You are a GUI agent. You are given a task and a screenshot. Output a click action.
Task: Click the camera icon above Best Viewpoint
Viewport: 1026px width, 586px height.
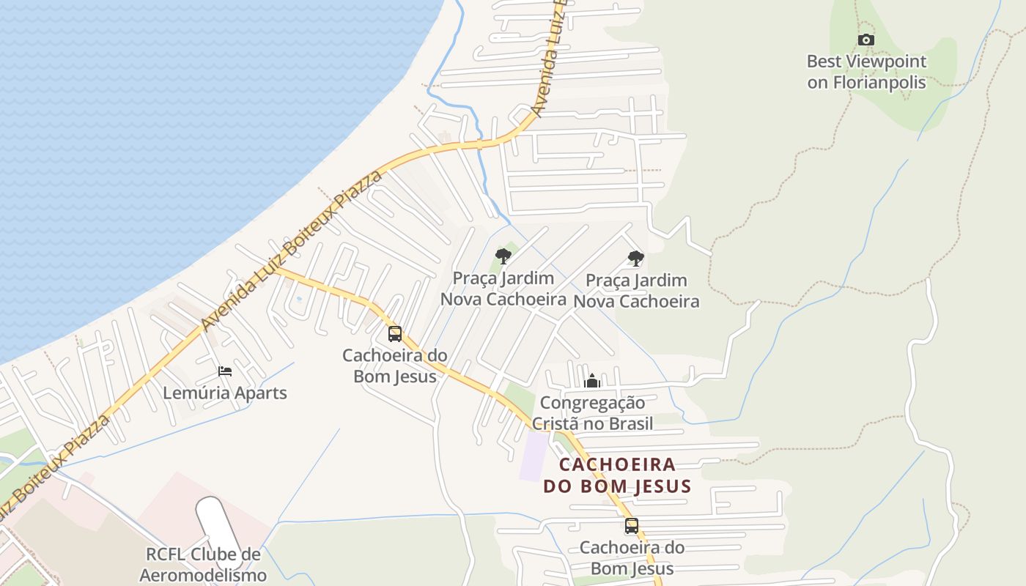(x=866, y=40)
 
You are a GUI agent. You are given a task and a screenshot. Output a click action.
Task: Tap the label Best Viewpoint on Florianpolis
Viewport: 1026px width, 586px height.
(x=867, y=72)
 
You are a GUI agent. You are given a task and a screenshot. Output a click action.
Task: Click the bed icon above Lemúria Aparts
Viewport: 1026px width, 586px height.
(x=225, y=371)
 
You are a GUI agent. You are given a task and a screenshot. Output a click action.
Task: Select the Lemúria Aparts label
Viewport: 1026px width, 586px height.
(x=225, y=393)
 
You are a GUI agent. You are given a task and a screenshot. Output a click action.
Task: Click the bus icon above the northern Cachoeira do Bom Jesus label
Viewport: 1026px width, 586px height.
(x=395, y=334)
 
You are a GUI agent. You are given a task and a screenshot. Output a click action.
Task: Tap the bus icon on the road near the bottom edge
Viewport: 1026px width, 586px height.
(x=632, y=525)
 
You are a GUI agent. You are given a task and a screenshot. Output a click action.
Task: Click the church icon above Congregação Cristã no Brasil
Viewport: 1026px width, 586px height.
(x=592, y=381)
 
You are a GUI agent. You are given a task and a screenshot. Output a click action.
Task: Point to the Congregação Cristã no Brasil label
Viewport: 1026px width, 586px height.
(x=592, y=412)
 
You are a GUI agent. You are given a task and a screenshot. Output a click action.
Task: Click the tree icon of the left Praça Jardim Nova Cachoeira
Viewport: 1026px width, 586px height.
(x=503, y=256)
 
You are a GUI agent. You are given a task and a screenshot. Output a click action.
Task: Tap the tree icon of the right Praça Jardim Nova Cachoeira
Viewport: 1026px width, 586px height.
(x=636, y=258)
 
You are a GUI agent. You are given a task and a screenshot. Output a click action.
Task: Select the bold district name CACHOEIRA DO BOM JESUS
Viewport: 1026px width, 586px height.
(x=617, y=475)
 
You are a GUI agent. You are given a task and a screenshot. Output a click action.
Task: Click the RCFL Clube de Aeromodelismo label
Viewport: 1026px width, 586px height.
(x=203, y=564)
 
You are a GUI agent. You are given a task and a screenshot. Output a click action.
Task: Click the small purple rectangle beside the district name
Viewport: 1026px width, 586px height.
(x=534, y=456)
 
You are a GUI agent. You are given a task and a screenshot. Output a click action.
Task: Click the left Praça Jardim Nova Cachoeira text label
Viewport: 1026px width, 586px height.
(x=503, y=289)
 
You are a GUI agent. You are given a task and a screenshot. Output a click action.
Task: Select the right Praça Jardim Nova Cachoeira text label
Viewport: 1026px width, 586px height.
(x=636, y=291)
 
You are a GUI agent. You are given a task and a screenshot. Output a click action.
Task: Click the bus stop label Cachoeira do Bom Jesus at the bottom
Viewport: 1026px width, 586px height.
(x=632, y=557)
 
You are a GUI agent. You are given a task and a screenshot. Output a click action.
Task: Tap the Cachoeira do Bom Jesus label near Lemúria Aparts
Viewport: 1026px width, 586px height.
(x=395, y=366)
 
